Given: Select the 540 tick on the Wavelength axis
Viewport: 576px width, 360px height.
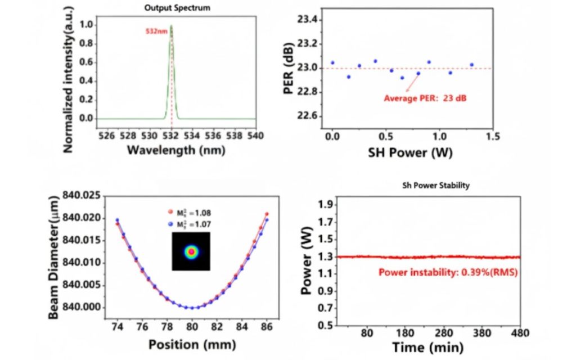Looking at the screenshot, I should click(x=256, y=136).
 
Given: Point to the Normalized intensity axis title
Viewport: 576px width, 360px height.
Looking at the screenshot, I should click(x=67, y=79).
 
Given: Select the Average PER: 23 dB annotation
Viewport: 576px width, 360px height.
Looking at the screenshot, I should click(x=425, y=98).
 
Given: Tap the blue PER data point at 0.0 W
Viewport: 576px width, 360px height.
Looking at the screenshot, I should click(x=332, y=62).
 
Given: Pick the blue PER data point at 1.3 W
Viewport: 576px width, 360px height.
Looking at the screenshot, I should click(x=471, y=65).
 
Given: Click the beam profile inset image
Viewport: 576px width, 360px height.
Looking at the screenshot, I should click(x=191, y=252).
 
